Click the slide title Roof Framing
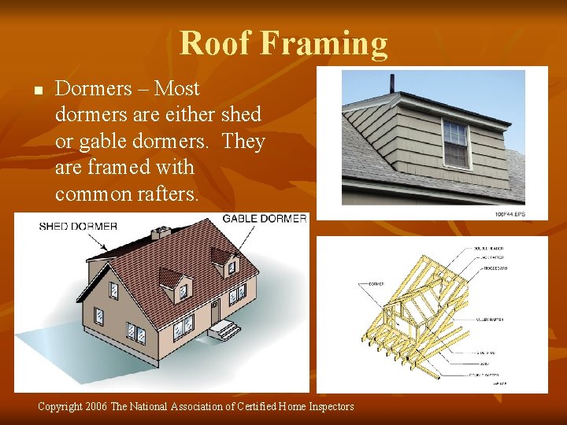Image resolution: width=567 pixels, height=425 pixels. pos(283,43)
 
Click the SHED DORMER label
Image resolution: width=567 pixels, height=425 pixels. pos(78,226)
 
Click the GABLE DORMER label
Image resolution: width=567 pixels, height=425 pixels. pos(265,218)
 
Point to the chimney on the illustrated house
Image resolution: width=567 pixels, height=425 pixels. pos(163,232)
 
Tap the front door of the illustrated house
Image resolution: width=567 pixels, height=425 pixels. pos(215,311)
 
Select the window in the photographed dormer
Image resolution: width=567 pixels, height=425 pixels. pos(455,144)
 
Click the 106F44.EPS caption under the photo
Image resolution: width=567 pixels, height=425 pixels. pos(510,213)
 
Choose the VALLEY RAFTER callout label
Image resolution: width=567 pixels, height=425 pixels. pos(489,320)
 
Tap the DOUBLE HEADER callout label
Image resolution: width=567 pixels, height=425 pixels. pos(490,248)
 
